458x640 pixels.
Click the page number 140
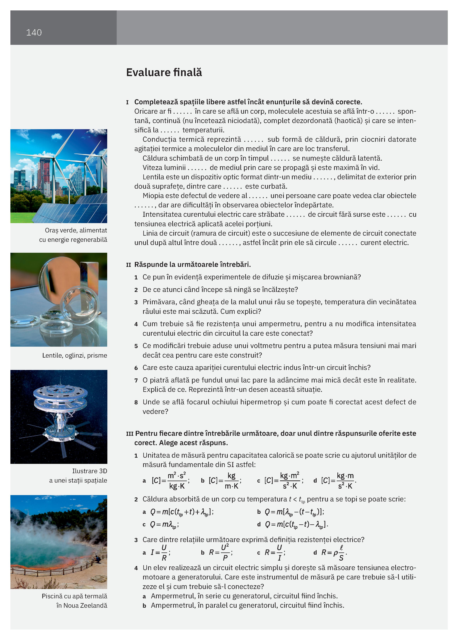pos(34,32)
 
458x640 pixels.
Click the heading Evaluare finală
pos(164,73)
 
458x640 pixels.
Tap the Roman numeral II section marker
pos(129,265)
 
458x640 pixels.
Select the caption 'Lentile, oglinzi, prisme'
pos(75,355)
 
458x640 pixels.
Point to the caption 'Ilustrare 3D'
pos(90,471)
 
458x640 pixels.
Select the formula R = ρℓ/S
pos(334,552)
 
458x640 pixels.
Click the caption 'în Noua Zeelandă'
pos(82,605)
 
